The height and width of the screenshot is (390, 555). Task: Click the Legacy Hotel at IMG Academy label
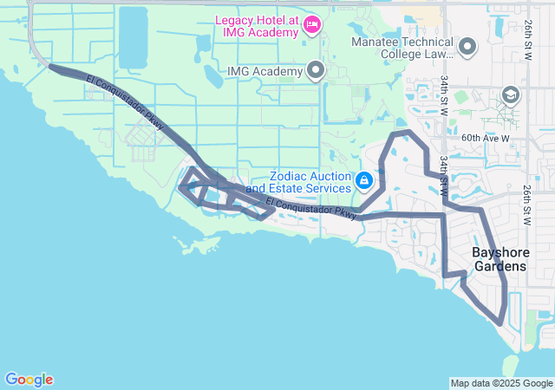point(256,25)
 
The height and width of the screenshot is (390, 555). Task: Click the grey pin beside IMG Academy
point(316,70)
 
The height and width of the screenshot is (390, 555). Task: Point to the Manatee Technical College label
point(402,48)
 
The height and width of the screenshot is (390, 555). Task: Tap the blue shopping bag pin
point(365,180)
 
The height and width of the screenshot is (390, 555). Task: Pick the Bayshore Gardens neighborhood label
point(499,259)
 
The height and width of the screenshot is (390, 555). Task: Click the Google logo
point(29,380)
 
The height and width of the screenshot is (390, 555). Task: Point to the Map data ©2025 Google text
point(501,383)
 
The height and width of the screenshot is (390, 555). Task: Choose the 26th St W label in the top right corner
point(526,43)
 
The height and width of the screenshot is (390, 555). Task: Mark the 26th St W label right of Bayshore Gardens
point(526,205)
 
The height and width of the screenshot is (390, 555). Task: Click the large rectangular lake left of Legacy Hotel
point(133,37)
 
